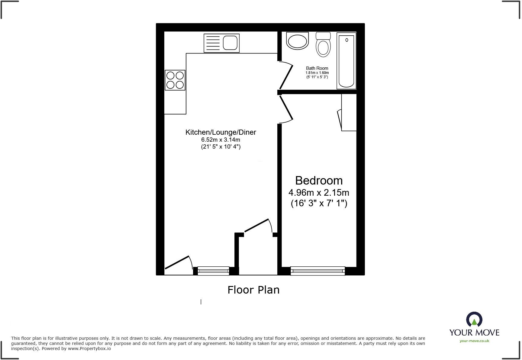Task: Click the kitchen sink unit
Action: [x=221, y=43]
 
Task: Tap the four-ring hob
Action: [x=175, y=80]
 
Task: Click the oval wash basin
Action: [x=297, y=41]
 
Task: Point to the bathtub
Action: [x=346, y=61]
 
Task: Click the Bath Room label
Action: [x=317, y=68]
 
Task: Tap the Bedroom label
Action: [x=319, y=181]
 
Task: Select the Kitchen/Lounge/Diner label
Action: [x=221, y=132]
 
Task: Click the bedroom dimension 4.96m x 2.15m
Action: [x=319, y=192]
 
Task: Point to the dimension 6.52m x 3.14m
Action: [x=221, y=140]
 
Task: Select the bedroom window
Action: [x=317, y=271]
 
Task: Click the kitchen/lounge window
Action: [x=213, y=271]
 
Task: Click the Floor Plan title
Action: [x=253, y=290]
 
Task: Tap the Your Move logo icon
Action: [x=474, y=320]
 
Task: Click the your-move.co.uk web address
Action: [x=474, y=341]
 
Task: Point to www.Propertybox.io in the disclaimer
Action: [x=89, y=349]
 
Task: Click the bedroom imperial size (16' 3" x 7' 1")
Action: [x=319, y=203]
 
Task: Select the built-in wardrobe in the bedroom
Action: [x=349, y=112]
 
